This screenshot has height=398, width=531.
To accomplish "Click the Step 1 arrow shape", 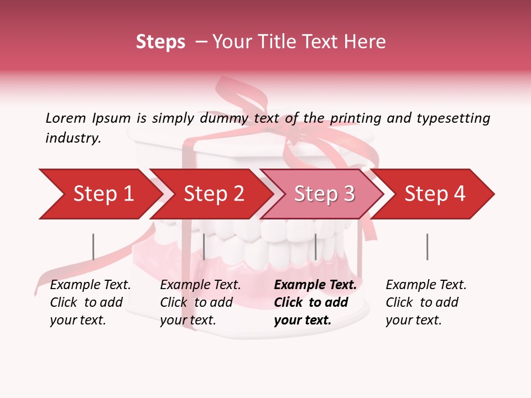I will (100, 194).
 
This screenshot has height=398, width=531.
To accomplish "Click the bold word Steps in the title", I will (160, 42).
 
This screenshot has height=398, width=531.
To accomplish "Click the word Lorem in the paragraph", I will (65, 118).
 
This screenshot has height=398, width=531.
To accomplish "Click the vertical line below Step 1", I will (93, 247).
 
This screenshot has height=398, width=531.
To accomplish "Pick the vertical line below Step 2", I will (204, 247).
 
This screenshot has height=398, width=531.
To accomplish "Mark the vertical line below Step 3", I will (315, 247).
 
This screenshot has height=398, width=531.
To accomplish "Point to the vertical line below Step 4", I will (427, 247).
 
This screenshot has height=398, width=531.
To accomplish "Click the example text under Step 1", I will (90, 302).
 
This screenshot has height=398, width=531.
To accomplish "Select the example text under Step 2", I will (200, 302).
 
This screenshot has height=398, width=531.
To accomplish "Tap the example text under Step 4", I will (426, 302).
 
